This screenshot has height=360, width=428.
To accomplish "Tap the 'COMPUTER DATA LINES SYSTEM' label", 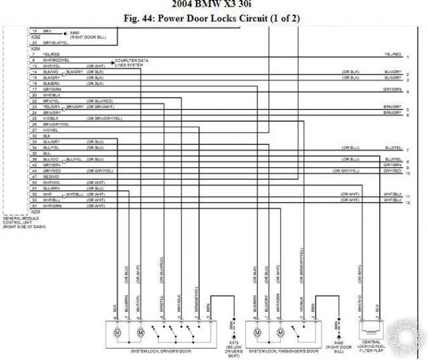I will (x=132, y=62).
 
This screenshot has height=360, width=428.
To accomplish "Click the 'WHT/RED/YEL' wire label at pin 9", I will (x=56, y=60).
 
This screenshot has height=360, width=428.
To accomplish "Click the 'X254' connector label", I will (x=35, y=49).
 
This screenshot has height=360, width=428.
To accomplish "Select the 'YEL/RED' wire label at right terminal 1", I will (x=393, y=54).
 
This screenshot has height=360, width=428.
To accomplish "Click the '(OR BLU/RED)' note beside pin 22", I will (x=99, y=101).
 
